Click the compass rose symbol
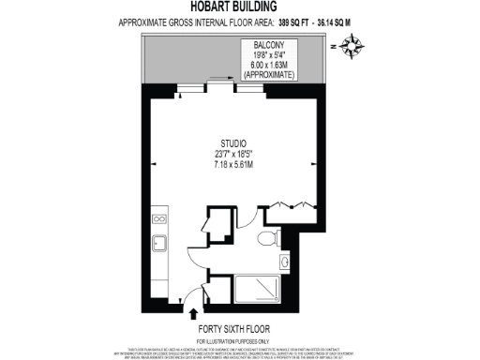(353, 43)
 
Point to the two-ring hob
(159, 221)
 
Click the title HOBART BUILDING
(239, 7)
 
